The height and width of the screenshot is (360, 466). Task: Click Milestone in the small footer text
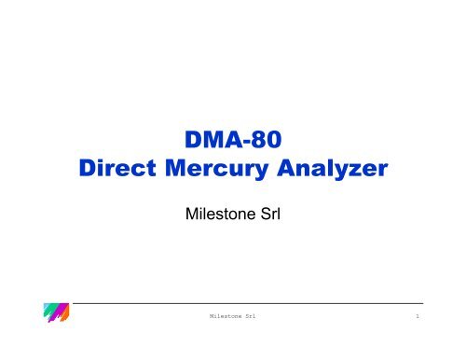tap(225, 318)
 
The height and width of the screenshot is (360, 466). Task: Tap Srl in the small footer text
tap(251, 318)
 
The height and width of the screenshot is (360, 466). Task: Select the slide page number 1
tap(419, 318)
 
